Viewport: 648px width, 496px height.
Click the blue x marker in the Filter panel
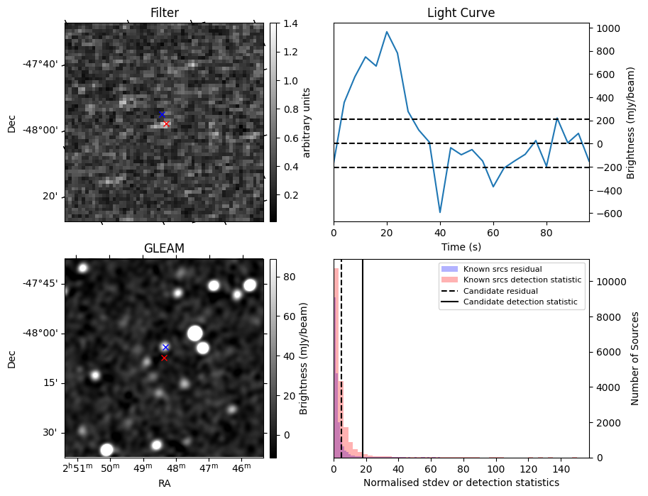[161, 114]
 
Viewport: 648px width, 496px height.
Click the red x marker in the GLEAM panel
[164, 358]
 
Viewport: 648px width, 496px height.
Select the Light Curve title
[461, 13]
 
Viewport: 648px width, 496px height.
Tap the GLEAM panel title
[164, 248]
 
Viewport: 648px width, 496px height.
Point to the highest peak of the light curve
[387, 32]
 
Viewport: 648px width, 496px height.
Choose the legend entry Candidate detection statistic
[522, 303]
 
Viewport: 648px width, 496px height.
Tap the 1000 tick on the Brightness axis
[608, 28]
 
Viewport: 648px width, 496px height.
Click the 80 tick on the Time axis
[546, 231]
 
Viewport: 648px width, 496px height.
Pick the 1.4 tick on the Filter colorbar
[290, 23]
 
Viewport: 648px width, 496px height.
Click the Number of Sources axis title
[635, 358]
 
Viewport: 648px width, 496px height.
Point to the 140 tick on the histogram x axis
[559, 468]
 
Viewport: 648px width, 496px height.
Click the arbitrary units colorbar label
[307, 122]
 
